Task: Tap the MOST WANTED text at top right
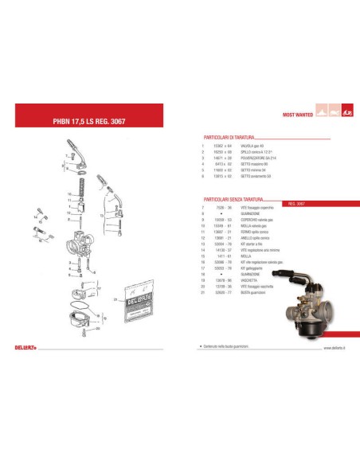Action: click(x=299, y=115)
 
